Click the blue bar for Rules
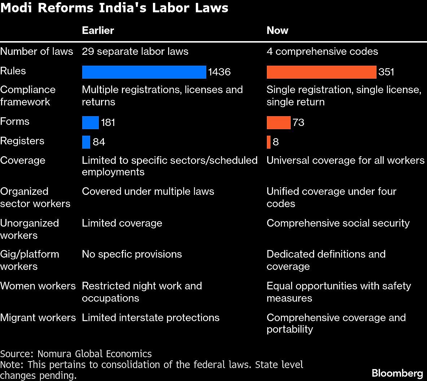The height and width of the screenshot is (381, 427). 144,72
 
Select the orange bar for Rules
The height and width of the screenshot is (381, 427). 321,72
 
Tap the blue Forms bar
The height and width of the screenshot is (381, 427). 90,123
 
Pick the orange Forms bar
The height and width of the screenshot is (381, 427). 278,123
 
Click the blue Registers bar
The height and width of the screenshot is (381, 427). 86,142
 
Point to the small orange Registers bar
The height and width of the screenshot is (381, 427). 269,142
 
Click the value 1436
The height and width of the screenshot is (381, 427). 219,72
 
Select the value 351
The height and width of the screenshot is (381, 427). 386,72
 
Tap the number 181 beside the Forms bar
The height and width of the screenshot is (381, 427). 108,123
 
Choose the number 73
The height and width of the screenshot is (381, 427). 299,123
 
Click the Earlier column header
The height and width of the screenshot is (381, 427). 98,30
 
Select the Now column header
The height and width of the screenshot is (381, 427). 277,30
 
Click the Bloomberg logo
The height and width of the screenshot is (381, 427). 397,373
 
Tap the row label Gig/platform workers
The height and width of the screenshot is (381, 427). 30,260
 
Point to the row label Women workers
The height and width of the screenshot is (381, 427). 38,286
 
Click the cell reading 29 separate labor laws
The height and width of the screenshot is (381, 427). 135,52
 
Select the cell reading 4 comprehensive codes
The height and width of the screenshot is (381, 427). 322,52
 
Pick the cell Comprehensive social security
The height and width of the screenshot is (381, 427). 338,223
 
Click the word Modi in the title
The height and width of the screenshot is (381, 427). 17,8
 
